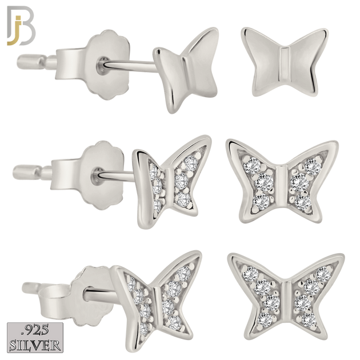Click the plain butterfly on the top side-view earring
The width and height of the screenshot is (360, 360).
[x=186, y=69]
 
